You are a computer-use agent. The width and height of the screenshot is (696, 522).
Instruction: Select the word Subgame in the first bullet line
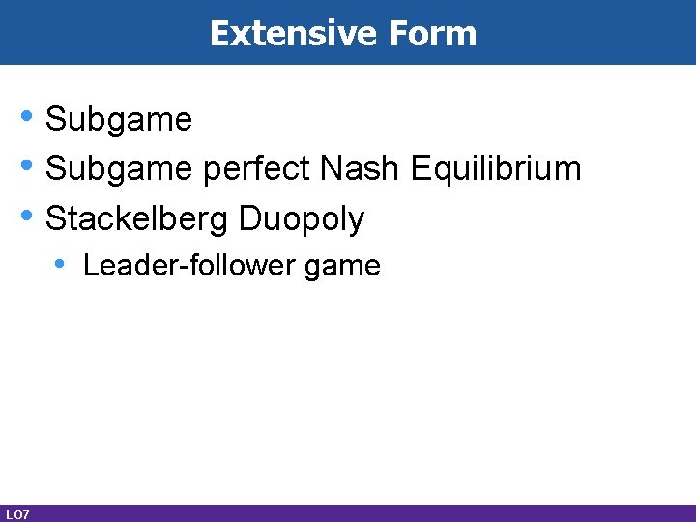(x=119, y=120)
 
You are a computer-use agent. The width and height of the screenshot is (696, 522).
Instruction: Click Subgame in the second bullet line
(x=119, y=169)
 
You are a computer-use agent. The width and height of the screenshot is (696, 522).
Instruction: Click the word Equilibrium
(x=496, y=169)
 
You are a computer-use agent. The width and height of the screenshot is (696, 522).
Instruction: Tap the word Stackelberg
(x=137, y=218)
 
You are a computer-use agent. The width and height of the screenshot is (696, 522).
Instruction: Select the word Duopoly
(x=302, y=218)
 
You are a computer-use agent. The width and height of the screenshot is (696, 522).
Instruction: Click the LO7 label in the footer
(x=16, y=513)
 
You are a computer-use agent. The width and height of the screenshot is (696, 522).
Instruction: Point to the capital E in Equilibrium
(x=420, y=169)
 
